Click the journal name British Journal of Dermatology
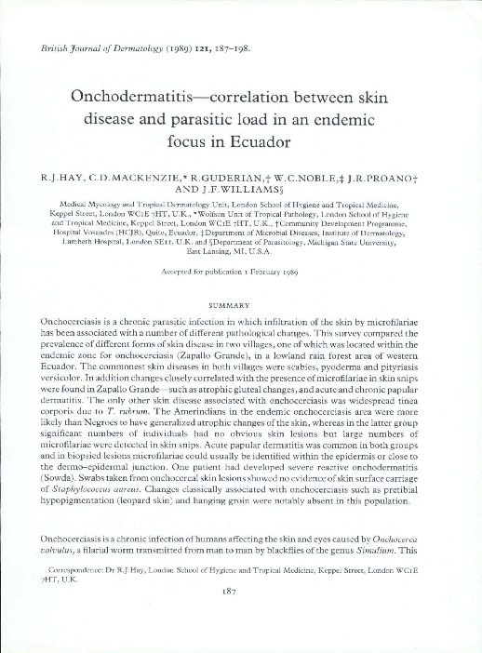click(97, 45)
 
